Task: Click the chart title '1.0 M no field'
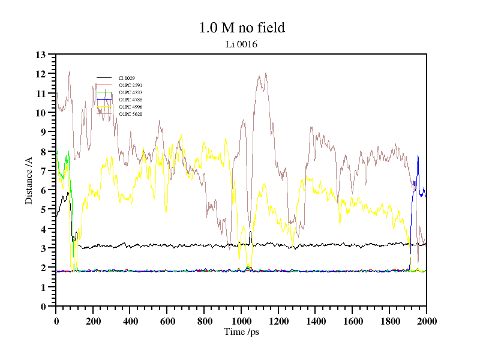[241, 28]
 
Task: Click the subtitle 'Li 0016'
[241, 44]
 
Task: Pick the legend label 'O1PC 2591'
[130, 85]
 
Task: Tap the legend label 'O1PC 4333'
[130, 92]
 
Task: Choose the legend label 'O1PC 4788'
[130, 100]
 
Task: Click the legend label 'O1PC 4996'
[130, 107]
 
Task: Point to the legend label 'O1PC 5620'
[130, 114]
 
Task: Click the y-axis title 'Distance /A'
[29, 180]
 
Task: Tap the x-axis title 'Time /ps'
[241, 332]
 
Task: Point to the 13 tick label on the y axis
[41, 55]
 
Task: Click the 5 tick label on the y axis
[43, 209]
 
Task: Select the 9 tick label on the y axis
[43, 132]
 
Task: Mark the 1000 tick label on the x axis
[241, 321]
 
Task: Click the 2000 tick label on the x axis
[427, 321]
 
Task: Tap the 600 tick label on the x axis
[167, 321]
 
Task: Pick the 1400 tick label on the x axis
[316, 321]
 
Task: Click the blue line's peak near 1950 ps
[418, 155]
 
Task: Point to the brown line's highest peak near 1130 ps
[265, 73]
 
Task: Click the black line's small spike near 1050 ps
[250, 232]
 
